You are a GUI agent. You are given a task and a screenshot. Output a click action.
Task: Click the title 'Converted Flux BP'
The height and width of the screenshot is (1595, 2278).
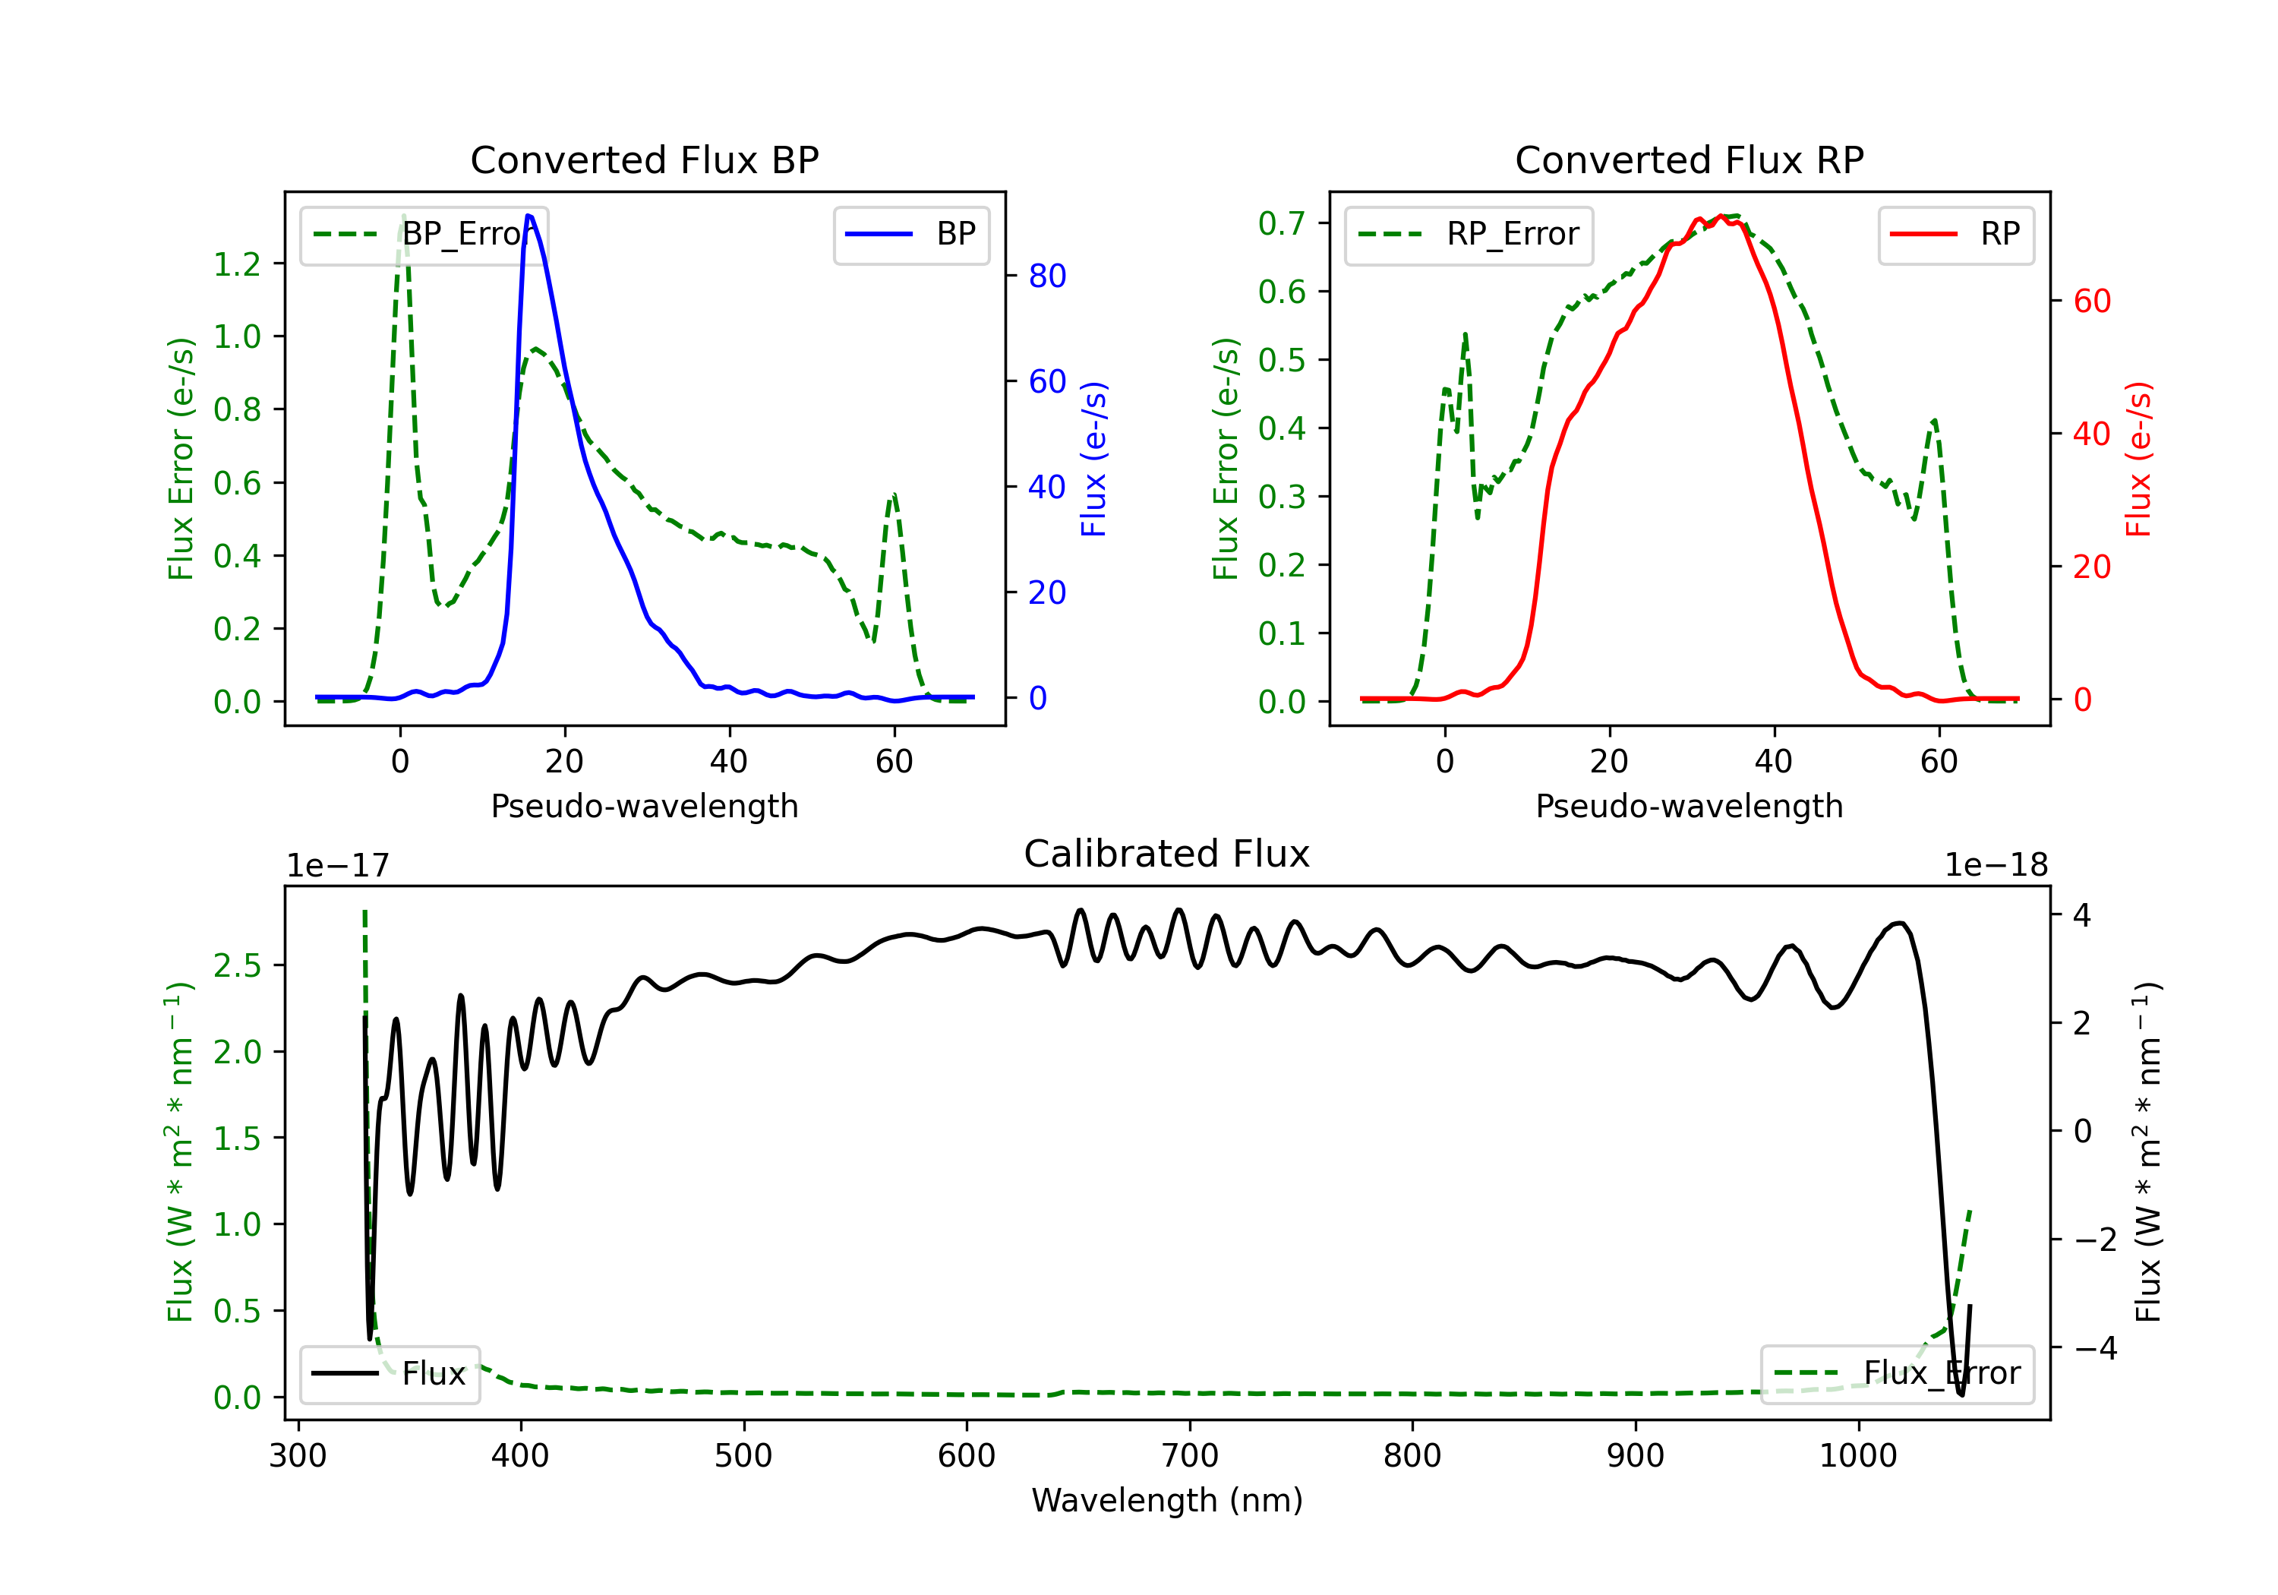click(644, 159)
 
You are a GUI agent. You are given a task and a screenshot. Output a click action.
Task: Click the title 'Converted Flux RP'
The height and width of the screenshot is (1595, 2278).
click(1689, 159)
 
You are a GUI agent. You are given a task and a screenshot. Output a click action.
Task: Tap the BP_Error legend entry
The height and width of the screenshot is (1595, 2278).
click(424, 234)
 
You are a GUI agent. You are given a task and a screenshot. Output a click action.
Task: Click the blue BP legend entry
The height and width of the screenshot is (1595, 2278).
click(910, 234)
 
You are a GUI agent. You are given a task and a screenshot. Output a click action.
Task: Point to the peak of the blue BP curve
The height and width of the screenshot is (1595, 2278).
click(528, 216)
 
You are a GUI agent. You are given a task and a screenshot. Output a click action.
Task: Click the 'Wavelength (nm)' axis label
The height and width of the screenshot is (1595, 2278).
click(1167, 1500)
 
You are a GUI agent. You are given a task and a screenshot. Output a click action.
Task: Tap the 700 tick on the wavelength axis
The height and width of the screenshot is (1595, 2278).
click(1190, 1455)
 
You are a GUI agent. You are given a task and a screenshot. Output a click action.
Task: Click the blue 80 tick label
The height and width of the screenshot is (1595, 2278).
click(1046, 276)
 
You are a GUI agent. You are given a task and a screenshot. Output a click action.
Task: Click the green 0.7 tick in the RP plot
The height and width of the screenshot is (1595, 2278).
click(1282, 223)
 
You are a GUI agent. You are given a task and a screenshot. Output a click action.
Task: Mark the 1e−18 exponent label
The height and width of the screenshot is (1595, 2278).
click(1996, 866)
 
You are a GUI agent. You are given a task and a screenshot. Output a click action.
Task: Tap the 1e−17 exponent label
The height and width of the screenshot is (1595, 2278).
click(339, 866)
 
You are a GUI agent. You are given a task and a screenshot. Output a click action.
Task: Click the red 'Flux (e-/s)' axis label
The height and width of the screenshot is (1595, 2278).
click(2138, 459)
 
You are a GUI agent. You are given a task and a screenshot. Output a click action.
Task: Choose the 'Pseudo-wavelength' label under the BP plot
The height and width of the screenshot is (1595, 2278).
click(644, 806)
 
